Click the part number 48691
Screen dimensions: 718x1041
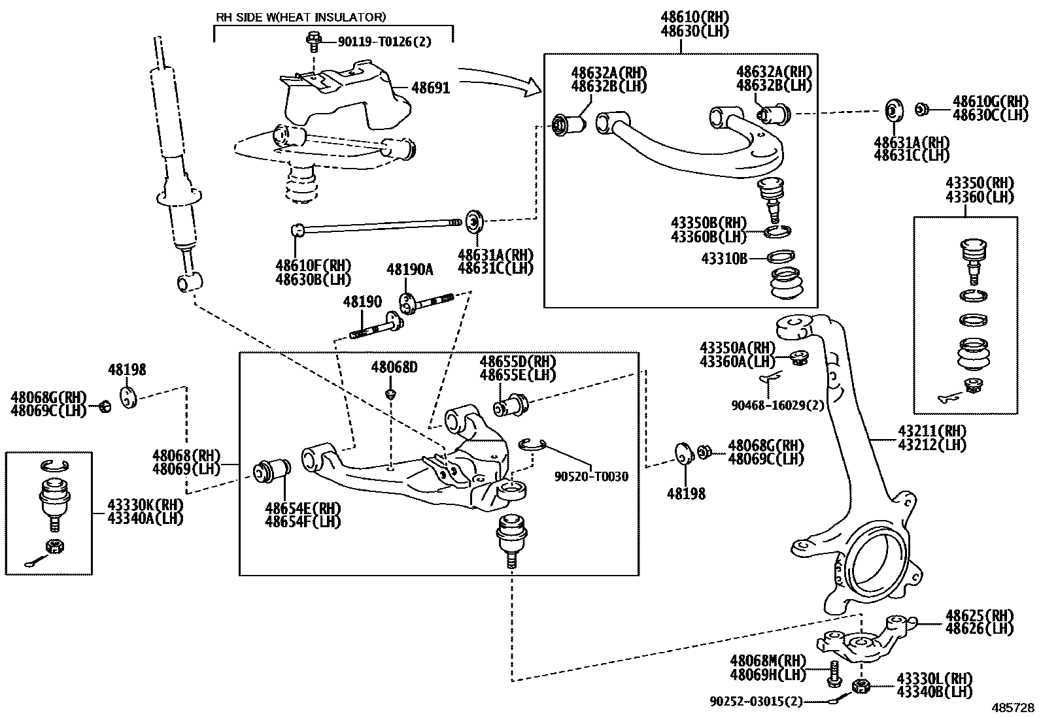(x=430, y=88)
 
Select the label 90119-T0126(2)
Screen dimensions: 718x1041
(x=384, y=42)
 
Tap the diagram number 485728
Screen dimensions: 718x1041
(x=1013, y=708)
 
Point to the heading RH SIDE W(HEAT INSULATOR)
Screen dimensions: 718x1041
(x=301, y=16)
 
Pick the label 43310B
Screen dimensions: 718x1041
(x=724, y=259)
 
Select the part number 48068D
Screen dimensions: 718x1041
(x=394, y=367)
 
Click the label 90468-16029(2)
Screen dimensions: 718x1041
(x=777, y=405)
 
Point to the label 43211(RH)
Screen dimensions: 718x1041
(x=932, y=431)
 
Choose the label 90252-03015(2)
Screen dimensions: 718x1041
(x=756, y=701)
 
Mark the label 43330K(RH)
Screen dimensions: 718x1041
(x=145, y=504)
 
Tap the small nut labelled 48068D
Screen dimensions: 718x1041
(x=390, y=394)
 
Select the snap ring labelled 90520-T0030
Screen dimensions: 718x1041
(x=532, y=445)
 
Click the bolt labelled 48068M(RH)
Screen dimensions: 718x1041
(x=834, y=673)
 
